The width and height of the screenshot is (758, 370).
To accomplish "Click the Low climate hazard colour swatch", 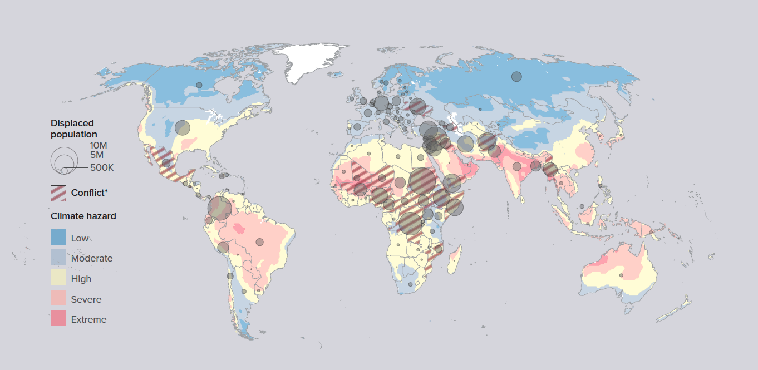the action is click(58, 238).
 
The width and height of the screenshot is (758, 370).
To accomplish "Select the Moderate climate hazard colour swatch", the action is click(58, 258).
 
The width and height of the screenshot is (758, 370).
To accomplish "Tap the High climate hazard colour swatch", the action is click(58, 278).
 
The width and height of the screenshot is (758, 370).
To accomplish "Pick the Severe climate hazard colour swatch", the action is click(58, 299).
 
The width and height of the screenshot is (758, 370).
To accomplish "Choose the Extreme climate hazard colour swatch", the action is click(58, 319).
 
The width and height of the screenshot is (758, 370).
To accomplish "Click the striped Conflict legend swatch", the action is click(58, 193).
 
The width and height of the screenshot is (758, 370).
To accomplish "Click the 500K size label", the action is click(102, 167).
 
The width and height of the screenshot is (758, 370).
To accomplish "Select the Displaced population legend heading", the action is click(73, 129).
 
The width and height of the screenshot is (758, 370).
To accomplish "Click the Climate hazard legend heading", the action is click(83, 216).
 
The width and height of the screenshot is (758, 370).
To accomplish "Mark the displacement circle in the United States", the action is click(182, 128).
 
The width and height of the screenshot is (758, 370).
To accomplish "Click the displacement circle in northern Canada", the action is click(199, 85).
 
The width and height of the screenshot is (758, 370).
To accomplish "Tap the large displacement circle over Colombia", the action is click(219, 209).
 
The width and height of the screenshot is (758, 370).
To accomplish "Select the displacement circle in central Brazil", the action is click(259, 241).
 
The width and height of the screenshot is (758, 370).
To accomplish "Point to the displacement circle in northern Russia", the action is click(517, 76).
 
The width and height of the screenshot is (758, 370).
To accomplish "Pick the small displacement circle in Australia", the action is click(622, 275).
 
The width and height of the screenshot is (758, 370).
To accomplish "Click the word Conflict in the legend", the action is click(89, 193).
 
